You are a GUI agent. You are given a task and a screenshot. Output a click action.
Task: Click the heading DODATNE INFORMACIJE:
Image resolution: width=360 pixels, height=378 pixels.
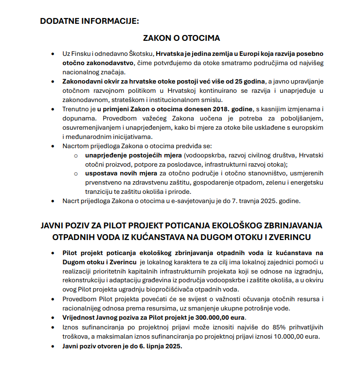[x=89, y=21]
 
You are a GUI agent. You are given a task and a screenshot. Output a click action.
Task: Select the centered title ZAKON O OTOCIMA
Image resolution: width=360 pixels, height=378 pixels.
[x=181, y=37]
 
